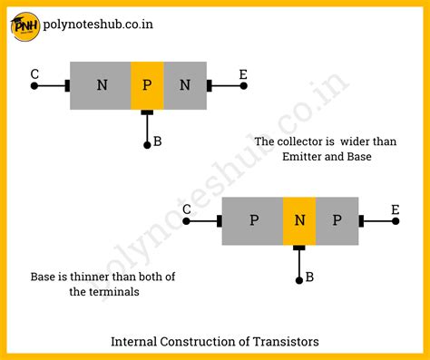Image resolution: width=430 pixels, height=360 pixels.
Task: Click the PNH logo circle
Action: pyautogui.click(x=24, y=25)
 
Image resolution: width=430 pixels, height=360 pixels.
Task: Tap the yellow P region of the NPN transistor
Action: pyautogui.click(x=147, y=85)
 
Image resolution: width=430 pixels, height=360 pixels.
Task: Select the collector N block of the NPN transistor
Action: pyautogui.click(x=100, y=85)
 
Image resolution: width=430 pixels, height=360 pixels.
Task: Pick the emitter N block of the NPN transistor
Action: pyautogui.click(x=185, y=85)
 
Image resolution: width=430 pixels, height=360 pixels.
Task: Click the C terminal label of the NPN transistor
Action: pyautogui.click(x=34, y=73)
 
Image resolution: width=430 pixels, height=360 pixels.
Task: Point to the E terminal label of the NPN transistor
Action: pyautogui.click(x=243, y=73)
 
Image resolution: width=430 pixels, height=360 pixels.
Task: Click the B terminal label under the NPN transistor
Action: pyautogui.click(x=158, y=141)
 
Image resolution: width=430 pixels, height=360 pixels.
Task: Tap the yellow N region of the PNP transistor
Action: pyautogui.click(x=298, y=220)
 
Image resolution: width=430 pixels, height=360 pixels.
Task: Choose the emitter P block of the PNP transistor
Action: pyautogui.click(x=337, y=220)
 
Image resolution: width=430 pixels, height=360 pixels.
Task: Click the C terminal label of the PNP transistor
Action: pyautogui.click(x=186, y=209)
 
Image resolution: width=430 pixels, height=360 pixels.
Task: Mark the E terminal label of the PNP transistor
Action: pyautogui.click(x=395, y=209)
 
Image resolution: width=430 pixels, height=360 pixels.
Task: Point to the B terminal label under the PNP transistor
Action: pyautogui.click(x=310, y=277)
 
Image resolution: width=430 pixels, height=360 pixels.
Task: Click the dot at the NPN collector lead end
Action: pyautogui.click(x=34, y=86)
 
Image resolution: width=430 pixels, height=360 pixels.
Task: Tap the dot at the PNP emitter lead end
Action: pyautogui.click(x=396, y=221)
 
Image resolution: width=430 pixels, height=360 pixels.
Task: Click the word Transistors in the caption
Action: pyautogui.click(x=282, y=342)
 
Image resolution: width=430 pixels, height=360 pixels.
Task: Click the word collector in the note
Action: pyautogui.click(x=304, y=141)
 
